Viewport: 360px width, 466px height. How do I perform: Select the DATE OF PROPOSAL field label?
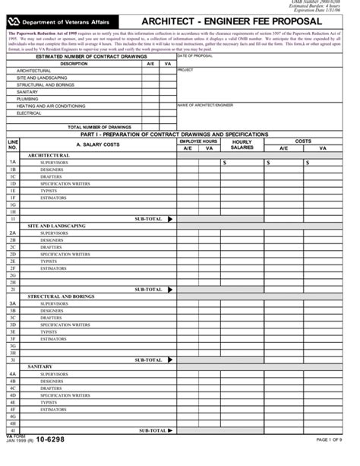195,56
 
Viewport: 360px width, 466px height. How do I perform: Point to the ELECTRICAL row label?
30,113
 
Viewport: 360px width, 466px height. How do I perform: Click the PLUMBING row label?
27,99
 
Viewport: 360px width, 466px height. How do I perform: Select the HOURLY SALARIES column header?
242,144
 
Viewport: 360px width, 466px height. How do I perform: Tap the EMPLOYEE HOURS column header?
198,141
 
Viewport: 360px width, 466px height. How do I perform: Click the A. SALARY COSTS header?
98,144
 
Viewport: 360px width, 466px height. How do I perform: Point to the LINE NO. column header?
13,144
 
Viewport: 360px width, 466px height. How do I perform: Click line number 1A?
13,162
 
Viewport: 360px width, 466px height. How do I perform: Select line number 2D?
13,254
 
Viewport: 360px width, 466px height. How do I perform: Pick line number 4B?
13,382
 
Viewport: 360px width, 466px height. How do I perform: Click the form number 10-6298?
49,439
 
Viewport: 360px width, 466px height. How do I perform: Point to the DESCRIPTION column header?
74,64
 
